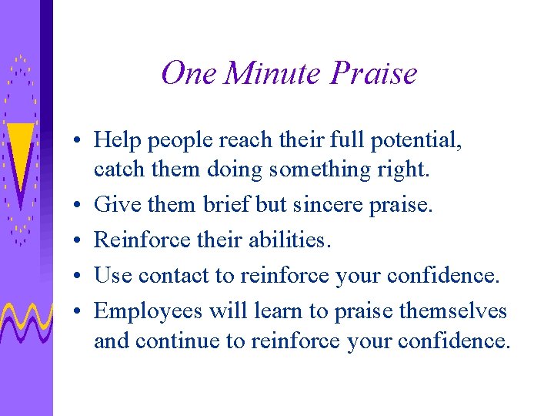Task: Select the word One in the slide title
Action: coord(189,73)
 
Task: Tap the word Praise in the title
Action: coord(373,73)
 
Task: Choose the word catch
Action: coord(114,168)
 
